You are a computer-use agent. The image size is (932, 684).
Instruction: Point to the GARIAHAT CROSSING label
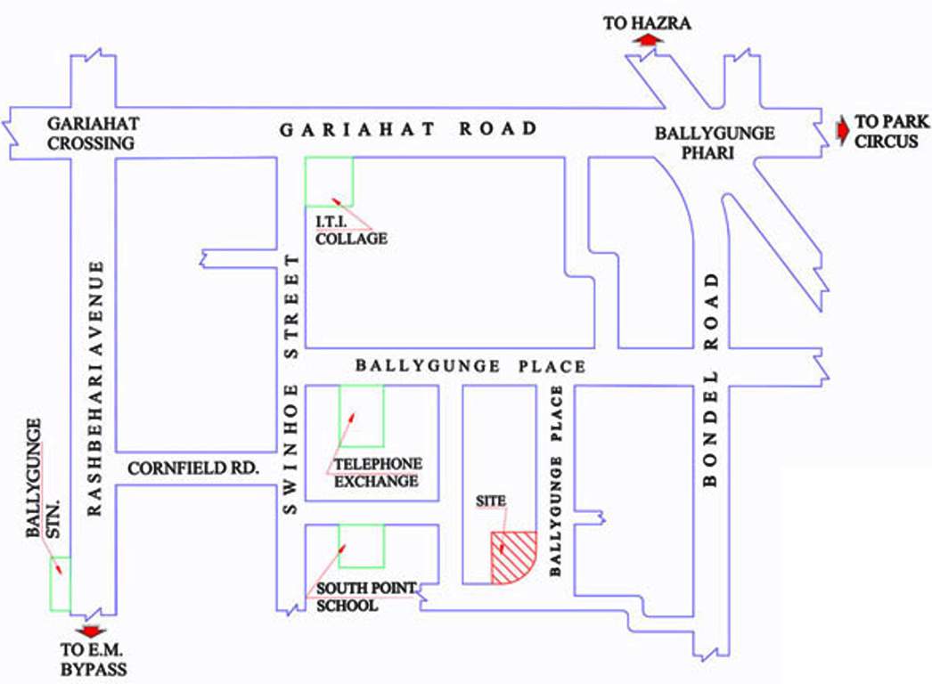93,133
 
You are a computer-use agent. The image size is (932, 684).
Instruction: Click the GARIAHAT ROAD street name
409,129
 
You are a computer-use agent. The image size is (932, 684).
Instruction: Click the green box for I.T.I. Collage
329,181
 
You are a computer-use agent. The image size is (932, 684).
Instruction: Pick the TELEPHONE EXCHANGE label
376,473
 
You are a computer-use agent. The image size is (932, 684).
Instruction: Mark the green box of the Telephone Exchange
362,416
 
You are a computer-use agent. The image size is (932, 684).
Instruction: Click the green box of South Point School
362,545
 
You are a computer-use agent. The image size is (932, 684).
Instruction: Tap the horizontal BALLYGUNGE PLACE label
470,366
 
